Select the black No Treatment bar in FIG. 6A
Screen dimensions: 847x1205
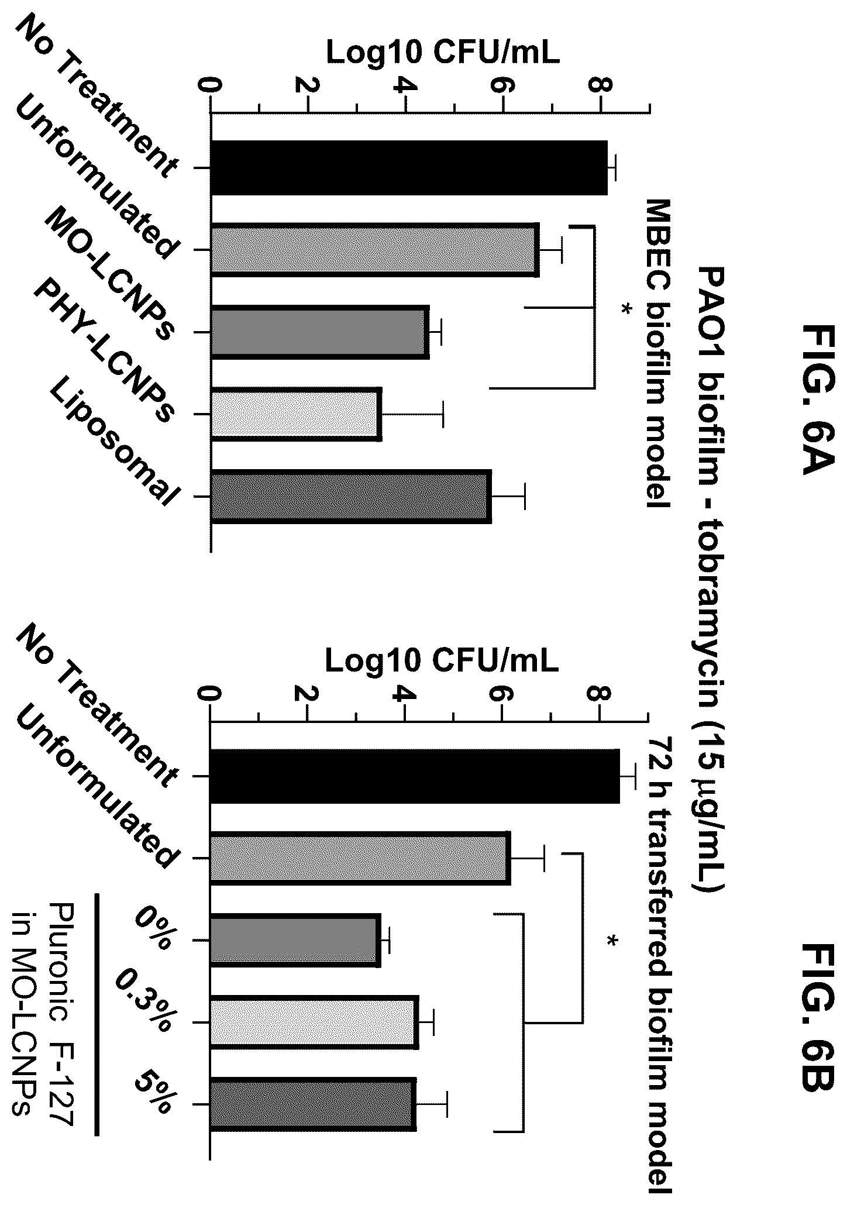[409, 168]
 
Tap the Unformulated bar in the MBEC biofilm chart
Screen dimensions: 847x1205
[375, 249]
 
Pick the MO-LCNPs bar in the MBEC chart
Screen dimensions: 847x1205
[320, 332]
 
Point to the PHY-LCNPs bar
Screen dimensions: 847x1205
[296, 414]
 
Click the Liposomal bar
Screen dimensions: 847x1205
[351, 496]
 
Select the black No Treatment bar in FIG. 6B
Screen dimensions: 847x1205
[415, 776]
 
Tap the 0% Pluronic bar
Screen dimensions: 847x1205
[295, 941]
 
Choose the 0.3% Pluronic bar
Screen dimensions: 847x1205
[315, 1022]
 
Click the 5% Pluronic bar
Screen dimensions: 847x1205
[314, 1104]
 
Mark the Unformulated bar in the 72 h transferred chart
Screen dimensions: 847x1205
[360, 858]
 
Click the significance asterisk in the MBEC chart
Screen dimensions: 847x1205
[626, 308]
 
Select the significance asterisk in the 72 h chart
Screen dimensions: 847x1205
[612, 941]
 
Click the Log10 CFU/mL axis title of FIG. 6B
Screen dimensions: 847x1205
[442, 660]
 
